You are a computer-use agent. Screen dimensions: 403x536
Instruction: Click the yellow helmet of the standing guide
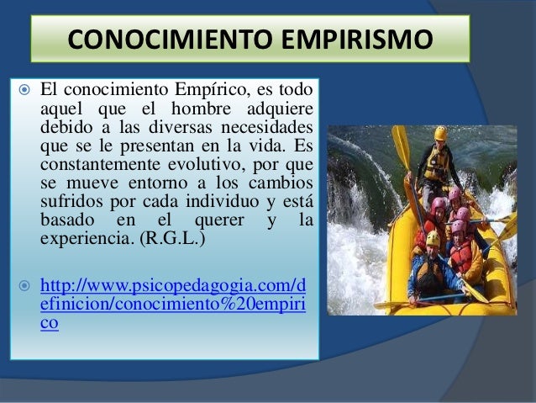(x=440, y=133)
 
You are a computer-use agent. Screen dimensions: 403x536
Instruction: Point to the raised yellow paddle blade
(x=401, y=146)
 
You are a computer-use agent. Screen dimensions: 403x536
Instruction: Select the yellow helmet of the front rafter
(x=433, y=240)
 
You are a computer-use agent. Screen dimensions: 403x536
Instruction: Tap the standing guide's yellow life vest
(x=435, y=164)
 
